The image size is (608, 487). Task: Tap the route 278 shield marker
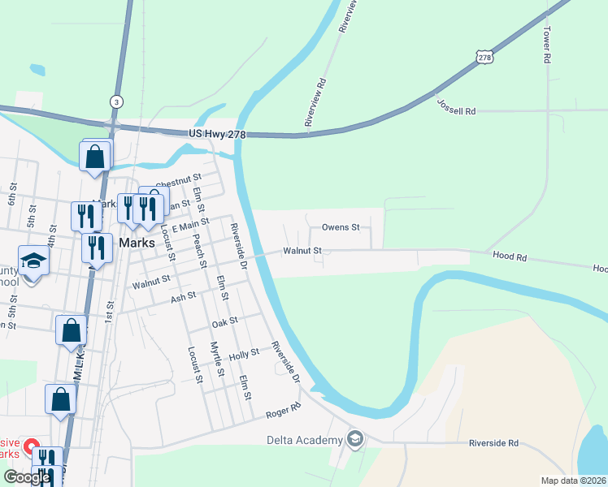click(485, 57)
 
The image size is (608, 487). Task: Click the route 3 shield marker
click(117, 101)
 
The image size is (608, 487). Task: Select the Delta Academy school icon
click(354, 440)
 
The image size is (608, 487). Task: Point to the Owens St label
click(341, 227)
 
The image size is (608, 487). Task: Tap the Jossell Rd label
click(456, 106)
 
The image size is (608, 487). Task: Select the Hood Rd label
click(510, 256)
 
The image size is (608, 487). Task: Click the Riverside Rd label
click(493, 444)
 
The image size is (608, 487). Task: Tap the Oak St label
click(224, 321)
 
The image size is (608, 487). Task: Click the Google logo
click(27, 477)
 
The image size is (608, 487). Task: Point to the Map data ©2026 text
click(574, 481)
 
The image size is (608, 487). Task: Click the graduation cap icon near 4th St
click(34, 261)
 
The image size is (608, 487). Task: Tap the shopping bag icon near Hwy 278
click(95, 156)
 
